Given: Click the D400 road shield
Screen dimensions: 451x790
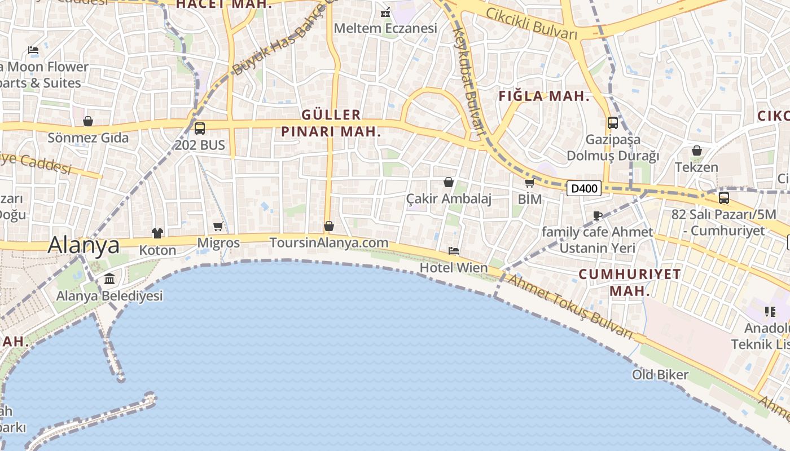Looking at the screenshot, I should (584, 188).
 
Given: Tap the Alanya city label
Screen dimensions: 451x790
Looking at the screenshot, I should (84, 245).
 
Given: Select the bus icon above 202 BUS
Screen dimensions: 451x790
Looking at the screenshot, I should (200, 129).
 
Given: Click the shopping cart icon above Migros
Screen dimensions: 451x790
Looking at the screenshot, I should (218, 227).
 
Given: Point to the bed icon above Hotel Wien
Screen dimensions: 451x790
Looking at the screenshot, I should (454, 251).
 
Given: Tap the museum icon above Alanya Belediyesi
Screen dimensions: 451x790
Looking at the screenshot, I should (109, 279).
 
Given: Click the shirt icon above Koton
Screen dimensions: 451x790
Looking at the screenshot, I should (157, 233).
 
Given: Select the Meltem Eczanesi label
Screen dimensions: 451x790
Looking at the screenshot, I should (385, 28).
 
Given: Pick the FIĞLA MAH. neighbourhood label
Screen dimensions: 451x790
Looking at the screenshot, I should (544, 96).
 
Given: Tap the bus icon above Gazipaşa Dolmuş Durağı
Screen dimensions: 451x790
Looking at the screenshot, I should (613, 123).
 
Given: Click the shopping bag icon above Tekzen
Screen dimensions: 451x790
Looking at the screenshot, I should (697, 151).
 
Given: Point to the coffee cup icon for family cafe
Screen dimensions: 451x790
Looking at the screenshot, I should (598, 215).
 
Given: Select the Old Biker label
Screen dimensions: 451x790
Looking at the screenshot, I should (660, 375).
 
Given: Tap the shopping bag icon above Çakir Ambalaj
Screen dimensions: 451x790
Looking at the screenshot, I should (449, 182).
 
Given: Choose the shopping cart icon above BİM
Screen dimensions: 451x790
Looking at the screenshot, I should (529, 183).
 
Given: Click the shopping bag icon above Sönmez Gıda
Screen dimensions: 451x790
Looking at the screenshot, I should (88, 121).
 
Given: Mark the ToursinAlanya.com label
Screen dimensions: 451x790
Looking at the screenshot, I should (329, 243).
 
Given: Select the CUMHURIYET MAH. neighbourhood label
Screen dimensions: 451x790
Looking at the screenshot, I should (630, 282).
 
